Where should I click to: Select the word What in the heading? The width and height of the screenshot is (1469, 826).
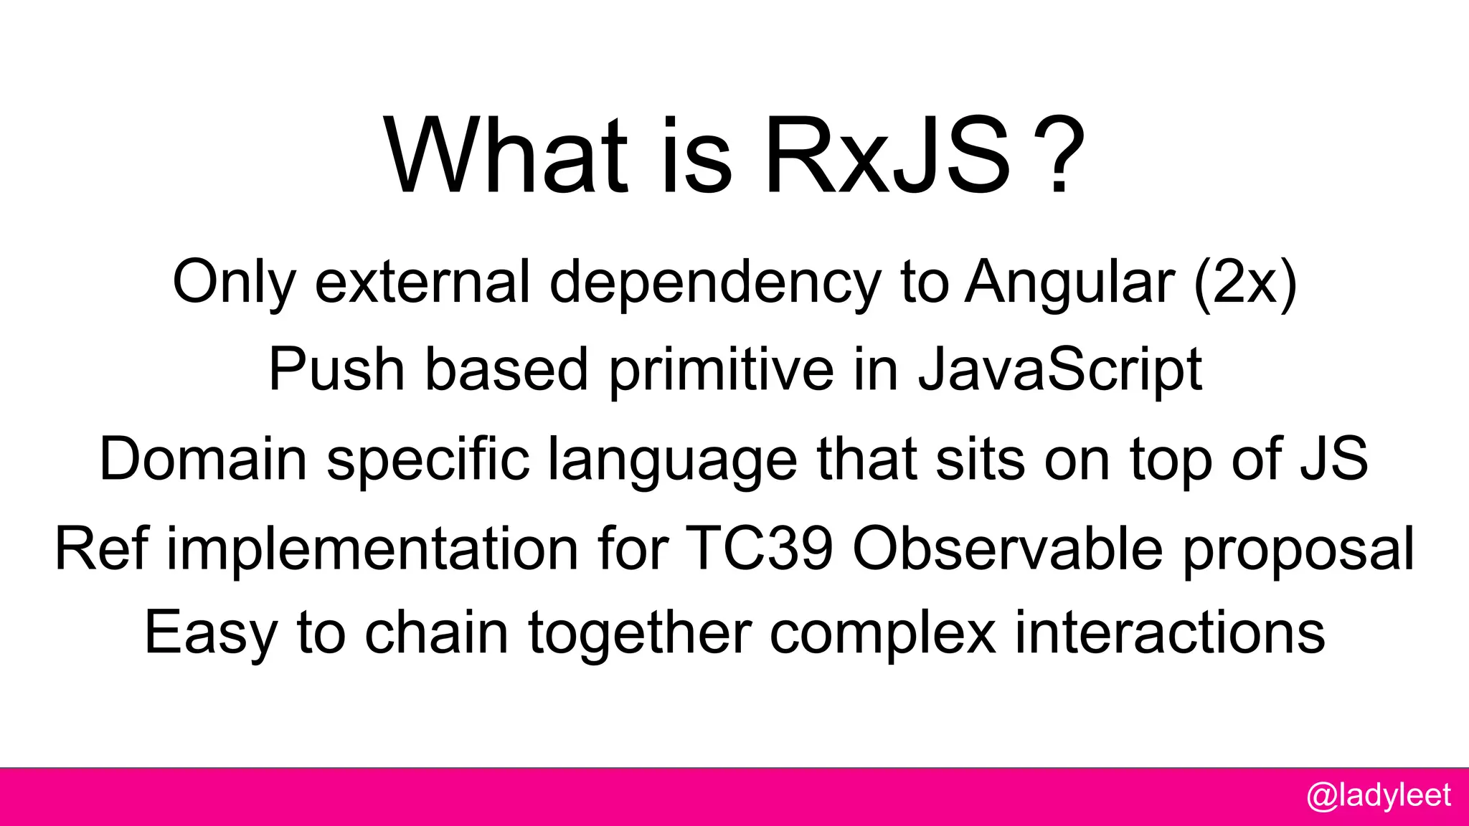point(506,156)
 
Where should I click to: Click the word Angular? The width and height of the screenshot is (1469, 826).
point(1069,282)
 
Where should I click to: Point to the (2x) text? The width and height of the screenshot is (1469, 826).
point(1245,282)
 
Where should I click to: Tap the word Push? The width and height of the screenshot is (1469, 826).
point(336,369)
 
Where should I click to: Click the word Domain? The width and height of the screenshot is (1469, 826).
point(203,459)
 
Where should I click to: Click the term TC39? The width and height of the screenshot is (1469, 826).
point(759,549)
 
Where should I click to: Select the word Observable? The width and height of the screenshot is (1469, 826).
point(1007,549)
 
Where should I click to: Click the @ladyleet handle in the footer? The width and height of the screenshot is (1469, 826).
point(1378,797)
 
